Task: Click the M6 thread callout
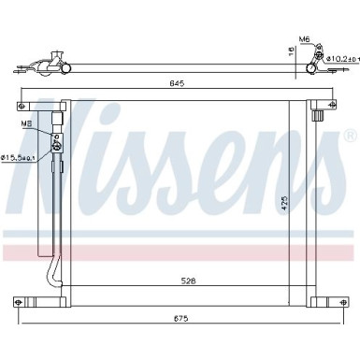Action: [x=305, y=39]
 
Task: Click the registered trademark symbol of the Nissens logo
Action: [x=348, y=148]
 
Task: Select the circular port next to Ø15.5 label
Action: [x=57, y=145]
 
